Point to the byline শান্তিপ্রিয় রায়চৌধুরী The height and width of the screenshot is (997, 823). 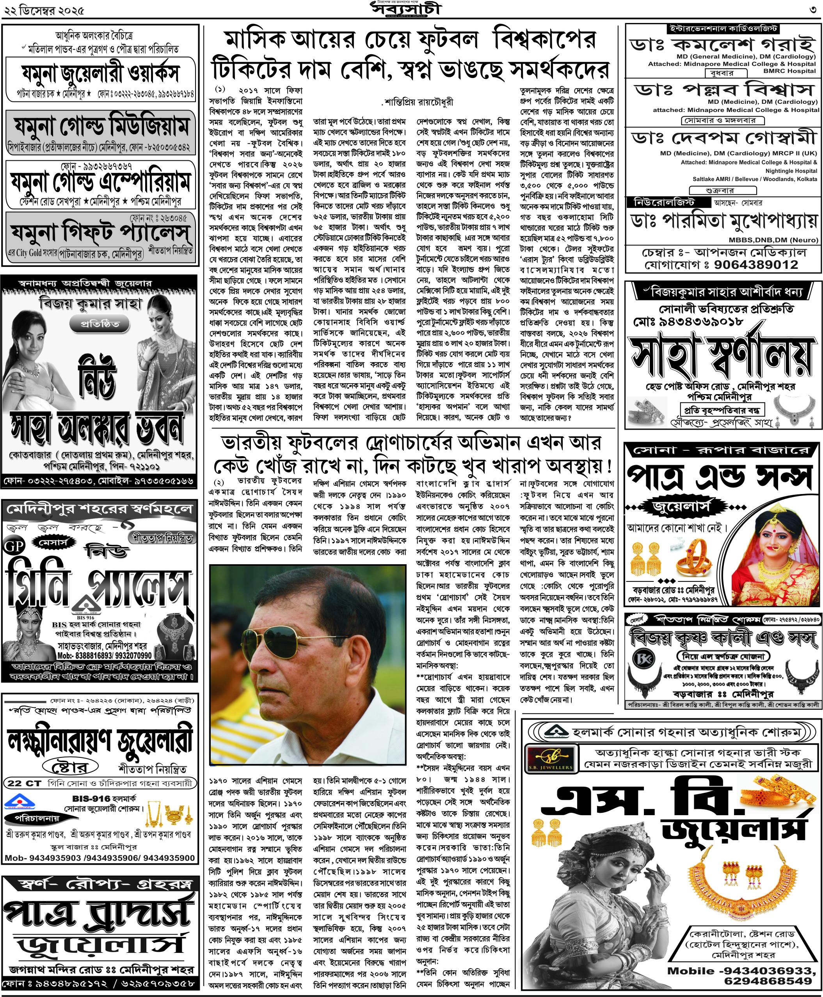(418, 101)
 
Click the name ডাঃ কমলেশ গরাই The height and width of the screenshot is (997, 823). (723, 44)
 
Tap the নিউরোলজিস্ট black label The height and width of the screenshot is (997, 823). (664, 203)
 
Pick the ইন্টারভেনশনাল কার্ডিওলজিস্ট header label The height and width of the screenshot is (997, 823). (723, 28)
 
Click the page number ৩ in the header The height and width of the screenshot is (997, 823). (814, 9)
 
